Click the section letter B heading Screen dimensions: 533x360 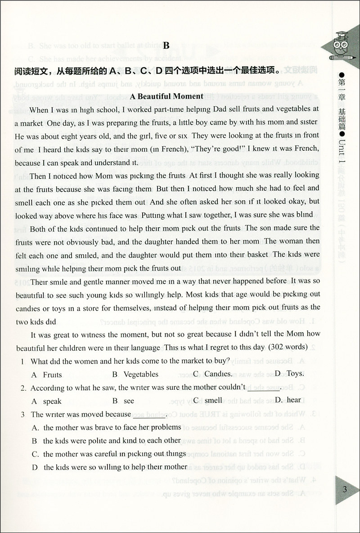point(166,45)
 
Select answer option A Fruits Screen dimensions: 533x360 point(47,375)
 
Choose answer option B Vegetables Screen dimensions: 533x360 point(135,374)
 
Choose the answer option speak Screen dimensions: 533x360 point(47,400)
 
